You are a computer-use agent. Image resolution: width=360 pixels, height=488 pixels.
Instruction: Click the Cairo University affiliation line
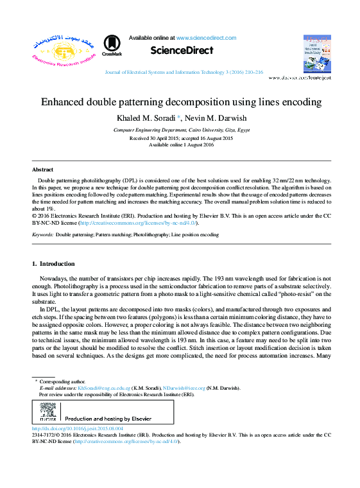tap(182, 130)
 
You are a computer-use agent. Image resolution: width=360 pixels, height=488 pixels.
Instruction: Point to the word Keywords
tap(42, 235)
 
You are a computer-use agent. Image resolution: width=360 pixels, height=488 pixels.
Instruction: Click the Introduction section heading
tap(53, 264)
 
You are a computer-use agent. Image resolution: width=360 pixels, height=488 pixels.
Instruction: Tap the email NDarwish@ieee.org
tap(184, 388)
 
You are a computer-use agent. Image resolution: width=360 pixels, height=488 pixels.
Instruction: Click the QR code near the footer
tap(48, 412)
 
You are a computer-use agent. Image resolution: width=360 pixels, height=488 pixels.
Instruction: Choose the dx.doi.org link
tap(77, 428)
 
